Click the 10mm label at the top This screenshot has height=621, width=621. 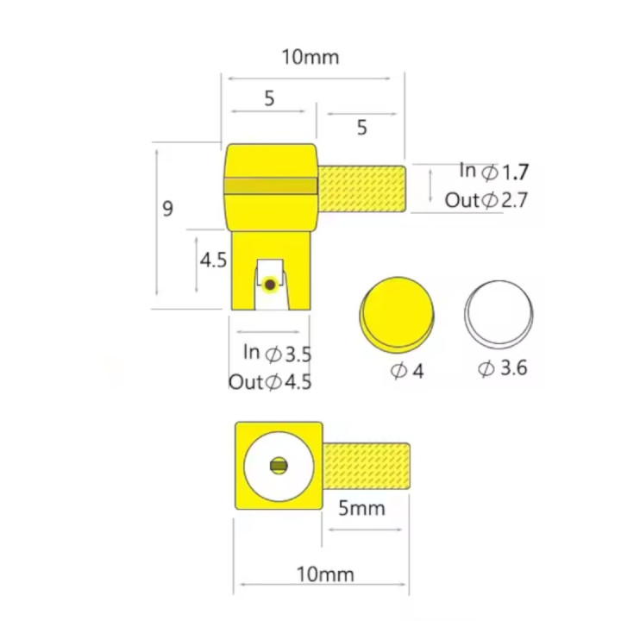[310, 57]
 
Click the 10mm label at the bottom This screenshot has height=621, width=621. [325, 574]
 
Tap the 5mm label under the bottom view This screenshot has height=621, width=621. [361, 508]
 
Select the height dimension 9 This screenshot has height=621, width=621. [168, 209]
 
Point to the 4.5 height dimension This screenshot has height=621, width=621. [213, 260]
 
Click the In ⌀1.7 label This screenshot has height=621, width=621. [494, 171]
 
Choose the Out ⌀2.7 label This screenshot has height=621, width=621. [486, 200]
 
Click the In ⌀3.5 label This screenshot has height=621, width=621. [277, 353]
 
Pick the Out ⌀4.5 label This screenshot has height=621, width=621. [270, 382]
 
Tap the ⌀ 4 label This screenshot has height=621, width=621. [407, 371]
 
